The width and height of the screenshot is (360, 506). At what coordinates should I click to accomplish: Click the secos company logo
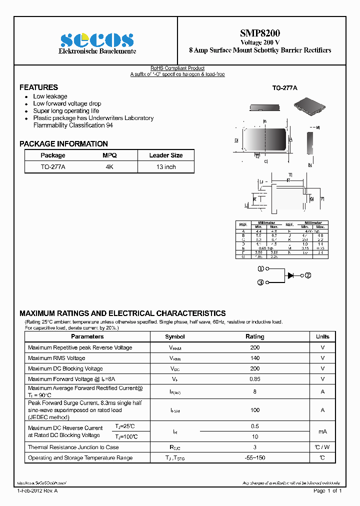[97, 40]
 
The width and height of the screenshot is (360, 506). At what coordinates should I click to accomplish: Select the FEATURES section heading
[38, 87]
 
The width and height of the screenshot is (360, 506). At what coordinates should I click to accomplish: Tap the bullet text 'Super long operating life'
[66, 111]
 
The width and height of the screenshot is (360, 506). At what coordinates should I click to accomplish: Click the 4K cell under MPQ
[109, 167]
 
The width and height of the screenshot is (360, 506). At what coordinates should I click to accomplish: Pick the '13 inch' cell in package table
[166, 167]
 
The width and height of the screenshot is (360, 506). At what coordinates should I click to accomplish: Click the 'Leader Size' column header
[166, 155]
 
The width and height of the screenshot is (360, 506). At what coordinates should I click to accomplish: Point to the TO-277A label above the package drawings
[284, 88]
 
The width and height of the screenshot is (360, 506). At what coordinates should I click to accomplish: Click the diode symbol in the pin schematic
[290, 275]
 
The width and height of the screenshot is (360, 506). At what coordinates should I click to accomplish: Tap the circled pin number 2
[308, 275]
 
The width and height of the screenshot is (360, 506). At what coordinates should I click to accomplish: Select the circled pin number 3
[260, 282]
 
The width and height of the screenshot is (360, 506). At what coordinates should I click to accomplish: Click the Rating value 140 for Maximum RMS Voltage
[255, 358]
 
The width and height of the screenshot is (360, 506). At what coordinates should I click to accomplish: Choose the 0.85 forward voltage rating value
[255, 379]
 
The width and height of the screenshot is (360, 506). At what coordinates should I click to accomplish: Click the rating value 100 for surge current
[255, 410]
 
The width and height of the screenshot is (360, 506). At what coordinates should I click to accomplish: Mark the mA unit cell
[322, 431]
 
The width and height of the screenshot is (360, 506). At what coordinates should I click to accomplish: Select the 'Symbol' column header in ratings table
[175, 337]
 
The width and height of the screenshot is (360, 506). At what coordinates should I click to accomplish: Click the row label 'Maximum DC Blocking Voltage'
[65, 368]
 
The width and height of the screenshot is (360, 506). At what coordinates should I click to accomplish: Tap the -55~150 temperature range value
[255, 458]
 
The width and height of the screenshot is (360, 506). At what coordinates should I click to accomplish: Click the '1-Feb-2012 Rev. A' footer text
[37, 491]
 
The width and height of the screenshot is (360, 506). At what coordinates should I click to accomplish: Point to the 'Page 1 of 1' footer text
[327, 491]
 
